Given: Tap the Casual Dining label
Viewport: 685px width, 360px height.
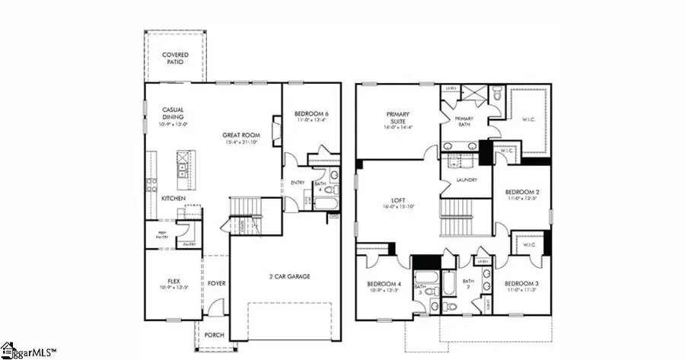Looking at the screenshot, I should (173, 113).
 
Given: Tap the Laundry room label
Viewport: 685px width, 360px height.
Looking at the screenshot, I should (467, 180).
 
